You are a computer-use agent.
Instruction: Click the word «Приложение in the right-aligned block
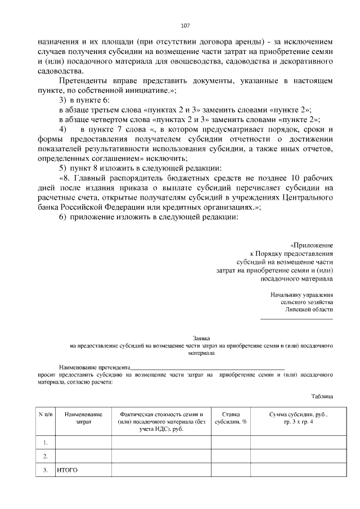point(312,245)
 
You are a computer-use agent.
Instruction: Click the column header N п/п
point(45,414)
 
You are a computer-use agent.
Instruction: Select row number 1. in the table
point(45,442)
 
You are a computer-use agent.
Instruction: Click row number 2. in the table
point(45,456)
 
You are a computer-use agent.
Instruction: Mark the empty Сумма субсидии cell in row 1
point(298,442)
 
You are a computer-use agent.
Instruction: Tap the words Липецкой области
point(309,309)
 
